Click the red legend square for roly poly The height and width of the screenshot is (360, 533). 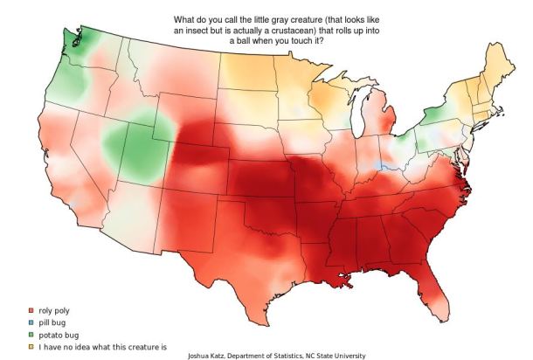click(31, 310)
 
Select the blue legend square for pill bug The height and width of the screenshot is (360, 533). click(31, 322)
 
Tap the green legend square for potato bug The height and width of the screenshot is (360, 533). click(31, 334)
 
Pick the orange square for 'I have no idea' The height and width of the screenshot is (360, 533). click(31, 346)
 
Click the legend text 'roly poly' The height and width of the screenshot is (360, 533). click(55, 310)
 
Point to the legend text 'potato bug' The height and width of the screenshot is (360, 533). click(59, 334)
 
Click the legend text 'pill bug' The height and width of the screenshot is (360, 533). click(53, 322)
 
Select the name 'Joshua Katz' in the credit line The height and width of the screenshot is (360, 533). click(211, 356)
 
